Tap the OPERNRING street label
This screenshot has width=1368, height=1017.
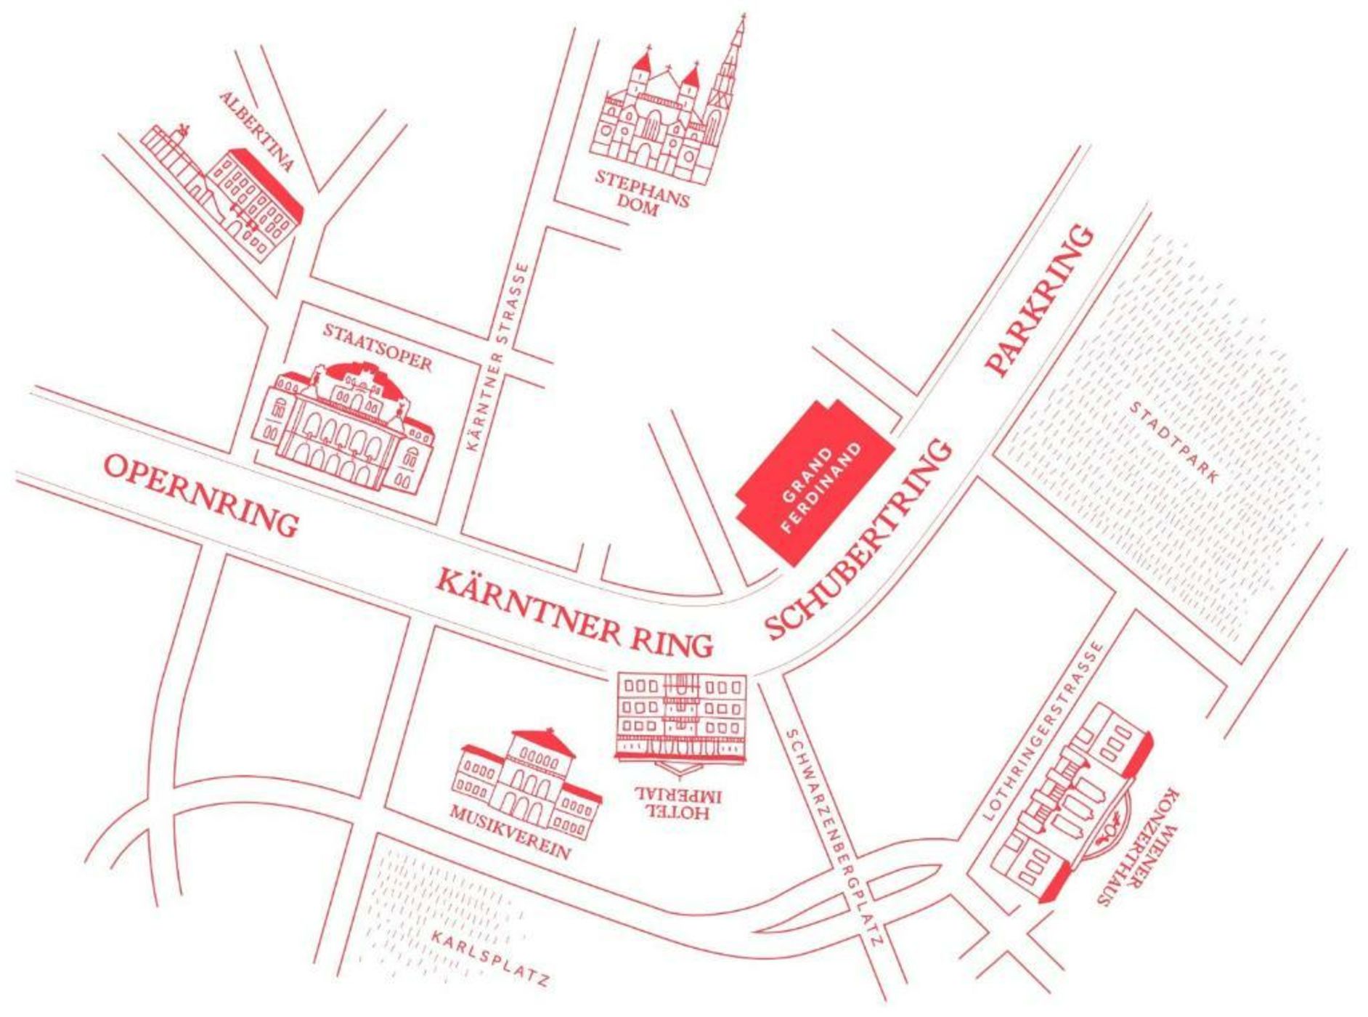tap(201, 494)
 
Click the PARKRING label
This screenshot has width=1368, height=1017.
tap(1039, 301)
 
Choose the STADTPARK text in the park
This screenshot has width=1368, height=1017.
tap(1174, 442)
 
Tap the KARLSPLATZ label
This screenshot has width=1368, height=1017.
tap(491, 958)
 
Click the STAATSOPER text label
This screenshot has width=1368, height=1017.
tap(378, 347)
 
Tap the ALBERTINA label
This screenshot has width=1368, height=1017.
tap(258, 131)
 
